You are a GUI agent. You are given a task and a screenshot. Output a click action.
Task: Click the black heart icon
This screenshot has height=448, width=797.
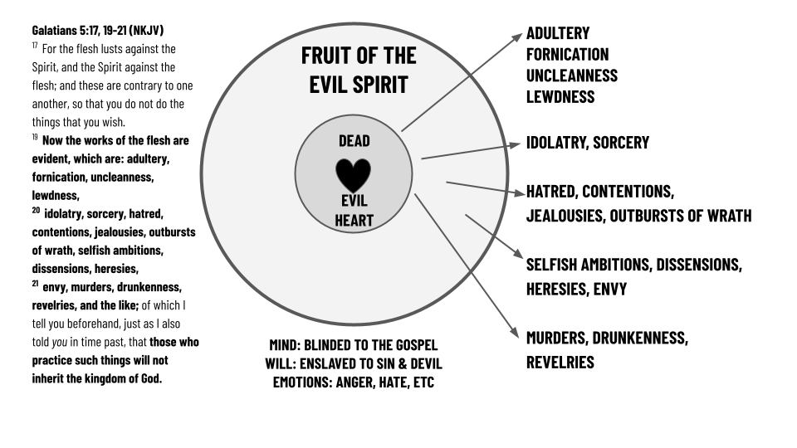(354, 173)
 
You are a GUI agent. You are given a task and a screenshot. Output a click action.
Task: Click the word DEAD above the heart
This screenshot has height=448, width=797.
(354, 141)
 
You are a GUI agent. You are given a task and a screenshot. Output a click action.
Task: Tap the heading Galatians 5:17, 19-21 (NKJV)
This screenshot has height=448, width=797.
(98, 31)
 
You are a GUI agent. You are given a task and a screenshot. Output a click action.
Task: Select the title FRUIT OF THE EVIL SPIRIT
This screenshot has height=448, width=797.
(359, 71)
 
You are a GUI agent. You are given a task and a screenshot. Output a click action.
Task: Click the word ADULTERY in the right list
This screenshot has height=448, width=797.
(558, 33)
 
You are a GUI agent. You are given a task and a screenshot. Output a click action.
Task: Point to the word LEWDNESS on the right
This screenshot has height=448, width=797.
(560, 96)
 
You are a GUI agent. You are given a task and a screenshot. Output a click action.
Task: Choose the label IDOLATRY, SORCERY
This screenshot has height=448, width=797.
(588, 143)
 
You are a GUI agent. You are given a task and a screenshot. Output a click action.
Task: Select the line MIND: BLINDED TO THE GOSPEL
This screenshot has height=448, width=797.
(353, 344)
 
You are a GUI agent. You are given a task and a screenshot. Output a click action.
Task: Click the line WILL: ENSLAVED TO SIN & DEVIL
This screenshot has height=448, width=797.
(353, 363)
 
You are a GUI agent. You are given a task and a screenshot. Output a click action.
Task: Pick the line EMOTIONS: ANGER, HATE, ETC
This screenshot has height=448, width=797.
(353, 383)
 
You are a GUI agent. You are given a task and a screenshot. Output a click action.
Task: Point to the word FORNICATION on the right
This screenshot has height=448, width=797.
(567, 55)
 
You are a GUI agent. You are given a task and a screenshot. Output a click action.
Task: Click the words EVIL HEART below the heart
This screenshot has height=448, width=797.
(354, 211)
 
